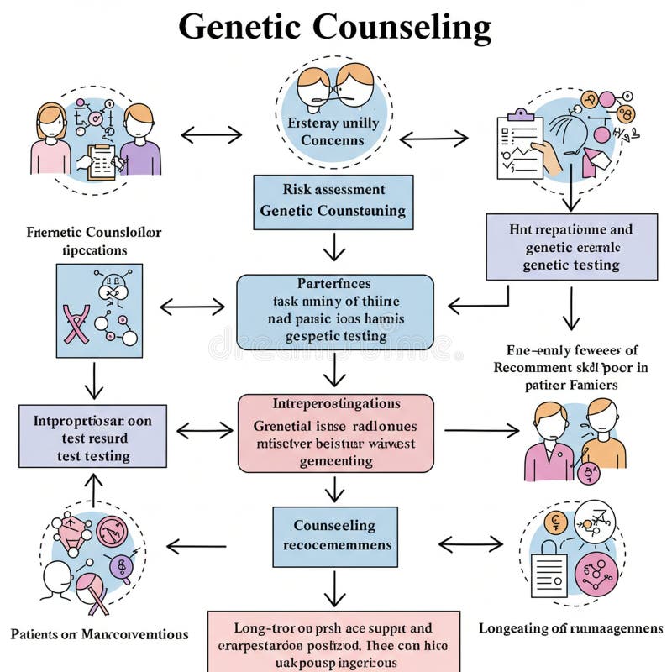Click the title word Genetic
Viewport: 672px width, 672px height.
239,28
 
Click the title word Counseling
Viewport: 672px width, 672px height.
402,28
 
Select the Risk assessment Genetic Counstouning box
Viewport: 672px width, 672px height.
333,202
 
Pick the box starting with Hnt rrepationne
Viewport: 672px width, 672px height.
571,247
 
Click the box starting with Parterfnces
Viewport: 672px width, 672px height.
335,312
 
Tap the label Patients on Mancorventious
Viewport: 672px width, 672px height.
99,634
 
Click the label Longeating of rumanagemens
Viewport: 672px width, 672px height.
570,628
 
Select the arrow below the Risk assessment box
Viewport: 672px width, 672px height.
334,248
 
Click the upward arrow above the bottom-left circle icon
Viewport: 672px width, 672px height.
94,488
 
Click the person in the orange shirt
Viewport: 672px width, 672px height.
603,439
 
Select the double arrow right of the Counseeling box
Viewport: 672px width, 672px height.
470,545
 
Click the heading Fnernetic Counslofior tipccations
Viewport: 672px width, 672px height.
82,240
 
